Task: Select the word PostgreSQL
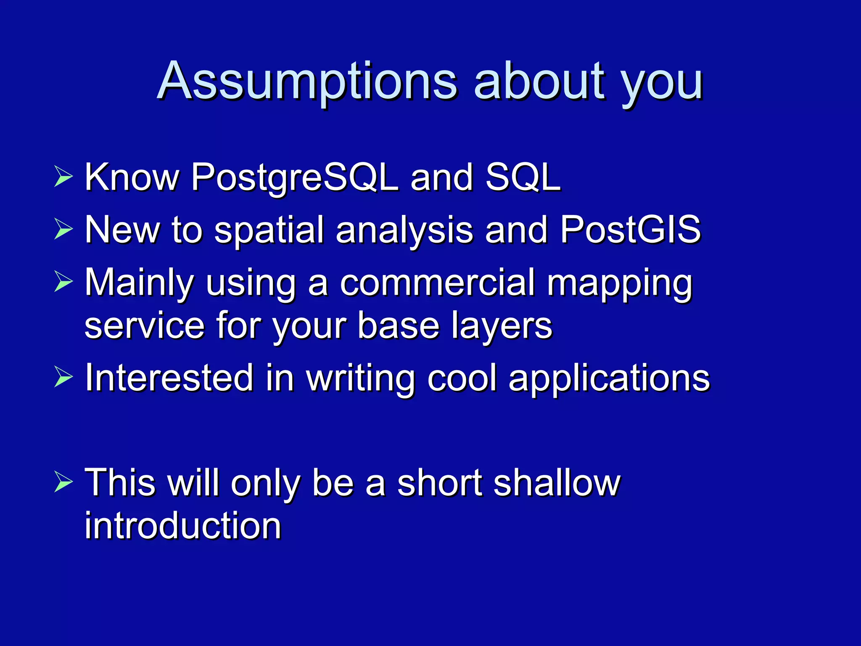pos(294,178)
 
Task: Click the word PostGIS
pos(631,230)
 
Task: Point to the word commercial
pos(437,283)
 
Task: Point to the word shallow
pos(557,483)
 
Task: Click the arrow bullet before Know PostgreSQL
pos(63,177)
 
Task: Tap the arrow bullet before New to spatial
pos(63,229)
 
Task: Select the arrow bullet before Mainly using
pos(63,282)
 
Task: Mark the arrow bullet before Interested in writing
pos(63,377)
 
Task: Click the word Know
pos(132,177)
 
